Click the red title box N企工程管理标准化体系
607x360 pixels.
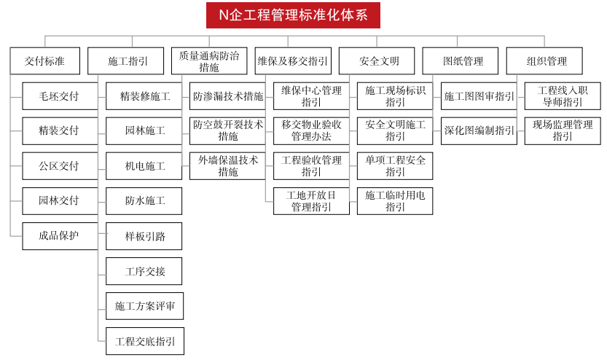click(293, 15)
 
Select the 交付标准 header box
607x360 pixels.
click(45, 60)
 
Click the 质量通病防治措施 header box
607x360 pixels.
click(209, 60)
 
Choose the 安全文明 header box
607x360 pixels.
click(377, 60)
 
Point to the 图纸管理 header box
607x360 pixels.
click(461, 60)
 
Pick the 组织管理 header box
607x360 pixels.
click(544, 60)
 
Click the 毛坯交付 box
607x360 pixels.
click(60, 96)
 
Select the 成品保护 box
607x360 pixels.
click(60, 235)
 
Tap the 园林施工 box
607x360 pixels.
click(144, 131)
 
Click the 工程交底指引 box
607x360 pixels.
click(145, 341)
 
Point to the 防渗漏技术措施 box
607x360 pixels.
click(227, 96)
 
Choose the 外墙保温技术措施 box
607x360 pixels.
click(227, 165)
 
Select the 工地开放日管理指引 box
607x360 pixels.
click(311, 201)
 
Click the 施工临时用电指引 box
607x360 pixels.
click(395, 201)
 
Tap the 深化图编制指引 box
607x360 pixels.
click(479, 131)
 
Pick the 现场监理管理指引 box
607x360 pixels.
click(563, 131)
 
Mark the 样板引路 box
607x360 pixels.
click(144, 236)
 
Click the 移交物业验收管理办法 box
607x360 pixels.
click(311, 131)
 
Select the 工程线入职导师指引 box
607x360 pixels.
click(563, 96)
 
